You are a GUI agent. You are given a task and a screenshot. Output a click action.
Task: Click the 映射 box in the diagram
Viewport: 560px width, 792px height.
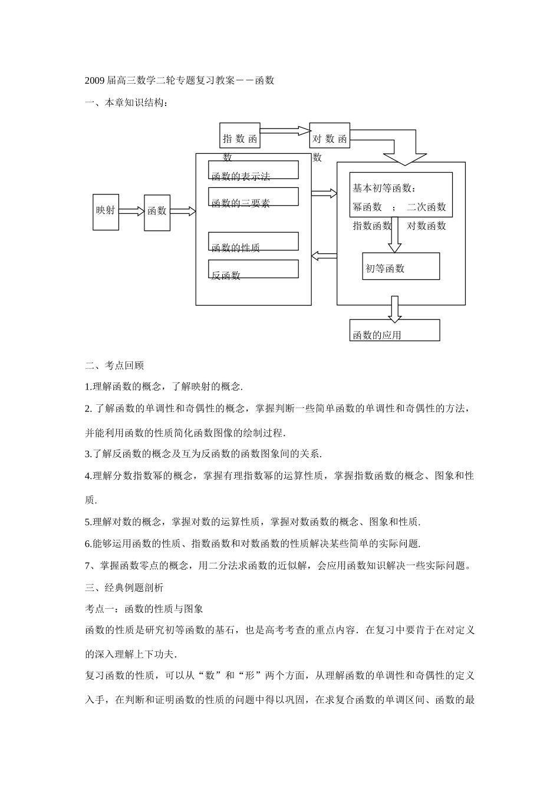(x=106, y=212)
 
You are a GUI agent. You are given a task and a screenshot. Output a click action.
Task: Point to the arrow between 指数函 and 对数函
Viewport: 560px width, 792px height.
(x=285, y=130)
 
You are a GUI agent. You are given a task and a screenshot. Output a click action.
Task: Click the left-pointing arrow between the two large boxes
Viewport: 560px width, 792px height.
(x=324, y=255)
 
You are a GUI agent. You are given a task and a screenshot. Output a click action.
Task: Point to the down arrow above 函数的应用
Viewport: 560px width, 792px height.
(x=394, y=309)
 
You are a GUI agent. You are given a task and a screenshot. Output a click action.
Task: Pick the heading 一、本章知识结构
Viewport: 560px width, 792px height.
(x=127, y=103)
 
